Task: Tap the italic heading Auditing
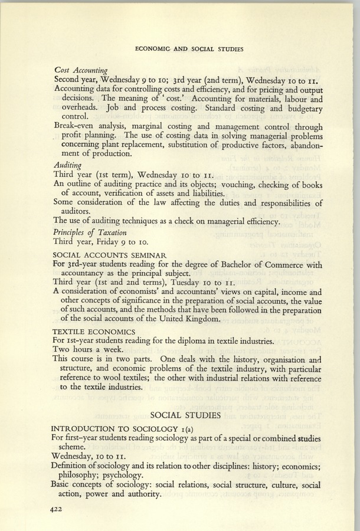(x=67, y=165)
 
